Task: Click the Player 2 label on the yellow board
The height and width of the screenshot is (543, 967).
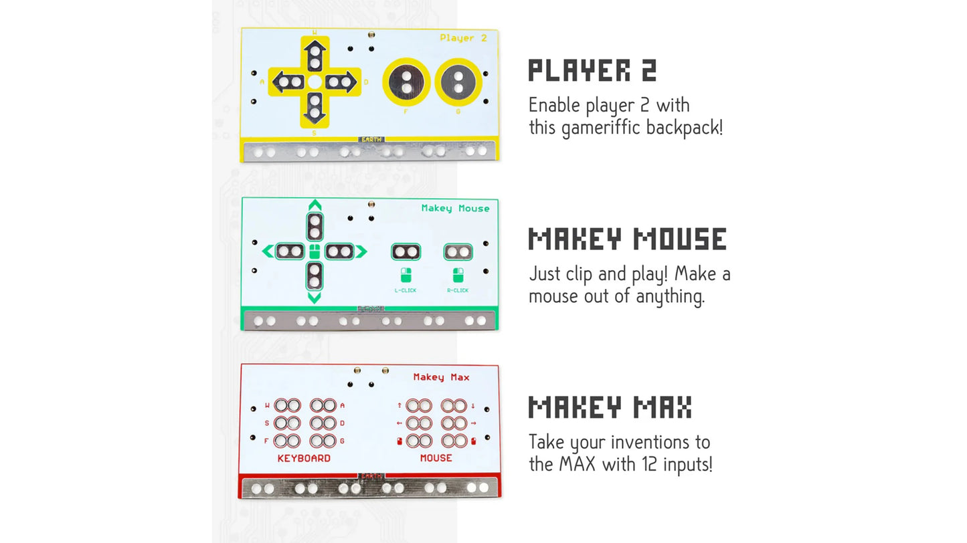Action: click(x=463, y=38)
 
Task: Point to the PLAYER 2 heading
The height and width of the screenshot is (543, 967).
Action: click(x=592, y=70)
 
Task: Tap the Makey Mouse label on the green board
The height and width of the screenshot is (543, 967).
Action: click(x=455, y=209)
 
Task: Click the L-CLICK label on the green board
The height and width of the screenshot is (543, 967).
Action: click(x=405, y=290)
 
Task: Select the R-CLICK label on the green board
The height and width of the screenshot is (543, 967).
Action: click(x=458, y=290)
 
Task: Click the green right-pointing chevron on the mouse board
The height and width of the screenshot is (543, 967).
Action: click(x=361, y=251)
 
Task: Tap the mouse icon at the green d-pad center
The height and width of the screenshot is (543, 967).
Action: click(x=315, y=252)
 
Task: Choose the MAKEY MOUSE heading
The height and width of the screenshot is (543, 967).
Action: click(x=627, y=239)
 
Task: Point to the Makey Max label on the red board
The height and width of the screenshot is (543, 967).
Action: click(x=441, y=377)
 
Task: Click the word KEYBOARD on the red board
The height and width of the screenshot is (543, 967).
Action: click(x=304, y=458)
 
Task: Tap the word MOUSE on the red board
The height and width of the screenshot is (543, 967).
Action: click(x=436, y=458)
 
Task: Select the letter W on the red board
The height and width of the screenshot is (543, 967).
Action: click(x=267, y=405)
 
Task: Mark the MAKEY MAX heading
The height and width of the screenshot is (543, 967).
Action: click(x=610, y=407)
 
